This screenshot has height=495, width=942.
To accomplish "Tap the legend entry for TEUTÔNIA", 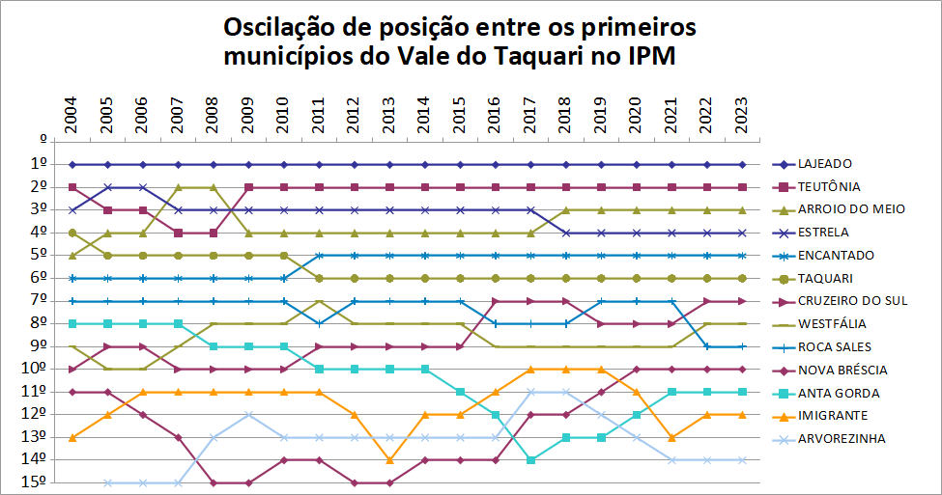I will click(828, 187).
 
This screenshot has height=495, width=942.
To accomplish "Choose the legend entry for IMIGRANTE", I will click(831, 416).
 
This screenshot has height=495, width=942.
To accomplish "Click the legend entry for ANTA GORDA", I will click(837, 393).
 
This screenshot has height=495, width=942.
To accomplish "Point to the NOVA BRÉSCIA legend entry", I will click(841, 370).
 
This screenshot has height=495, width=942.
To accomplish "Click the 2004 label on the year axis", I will click(72, 115).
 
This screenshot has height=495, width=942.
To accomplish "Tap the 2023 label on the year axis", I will click(742, 115).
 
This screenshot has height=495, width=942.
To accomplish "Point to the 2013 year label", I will click(389, 115).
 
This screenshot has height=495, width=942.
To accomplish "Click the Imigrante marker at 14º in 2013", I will click(389, 460).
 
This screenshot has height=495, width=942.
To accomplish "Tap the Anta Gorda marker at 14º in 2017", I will click(530, 460).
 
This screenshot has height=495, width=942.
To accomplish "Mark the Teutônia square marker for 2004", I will click(72, 187).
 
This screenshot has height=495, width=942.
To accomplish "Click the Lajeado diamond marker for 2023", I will click(742, 164).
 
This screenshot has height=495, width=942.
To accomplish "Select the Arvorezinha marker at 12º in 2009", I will click(248, 415).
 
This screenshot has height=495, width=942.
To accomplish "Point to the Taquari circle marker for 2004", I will click(72, 233).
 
